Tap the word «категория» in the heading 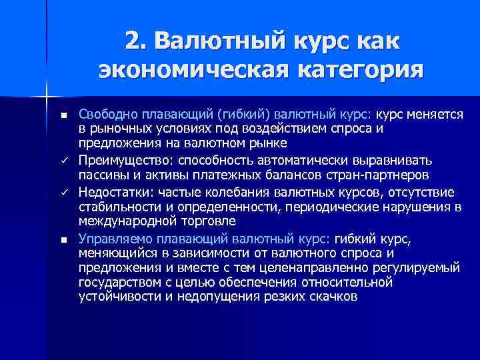coord(357,69)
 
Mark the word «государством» coord(116,282)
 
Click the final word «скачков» coord(336,296)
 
